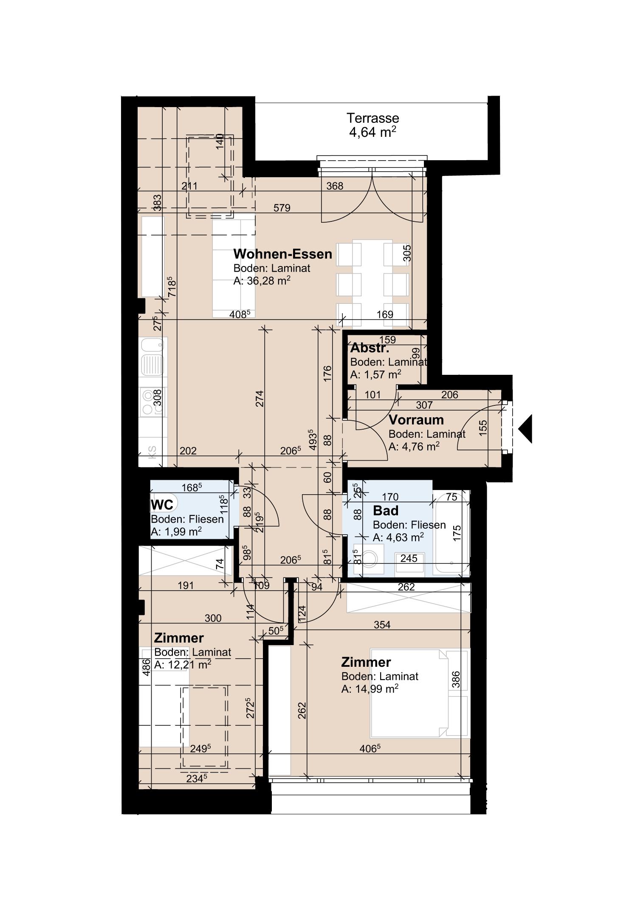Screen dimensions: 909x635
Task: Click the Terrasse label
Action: coord(373,118)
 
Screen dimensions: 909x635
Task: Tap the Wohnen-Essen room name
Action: coord(282,254)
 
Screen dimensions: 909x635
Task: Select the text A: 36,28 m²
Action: coord(262,280)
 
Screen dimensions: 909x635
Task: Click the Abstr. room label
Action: coord(369,348)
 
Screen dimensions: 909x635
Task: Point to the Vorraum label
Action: coord(416,420)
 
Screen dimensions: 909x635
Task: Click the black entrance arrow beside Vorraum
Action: coord(526,429)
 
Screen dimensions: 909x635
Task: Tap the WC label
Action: coord(162,505)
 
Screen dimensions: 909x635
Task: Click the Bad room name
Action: coord(385,510)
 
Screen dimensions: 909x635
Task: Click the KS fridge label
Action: coord(152,450)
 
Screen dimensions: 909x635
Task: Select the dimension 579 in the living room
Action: coord(282,208)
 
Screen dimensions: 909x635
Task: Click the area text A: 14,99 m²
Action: coord(369,689)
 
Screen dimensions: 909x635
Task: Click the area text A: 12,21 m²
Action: coord(182,665)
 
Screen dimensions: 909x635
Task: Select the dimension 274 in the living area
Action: coord(260,398)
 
